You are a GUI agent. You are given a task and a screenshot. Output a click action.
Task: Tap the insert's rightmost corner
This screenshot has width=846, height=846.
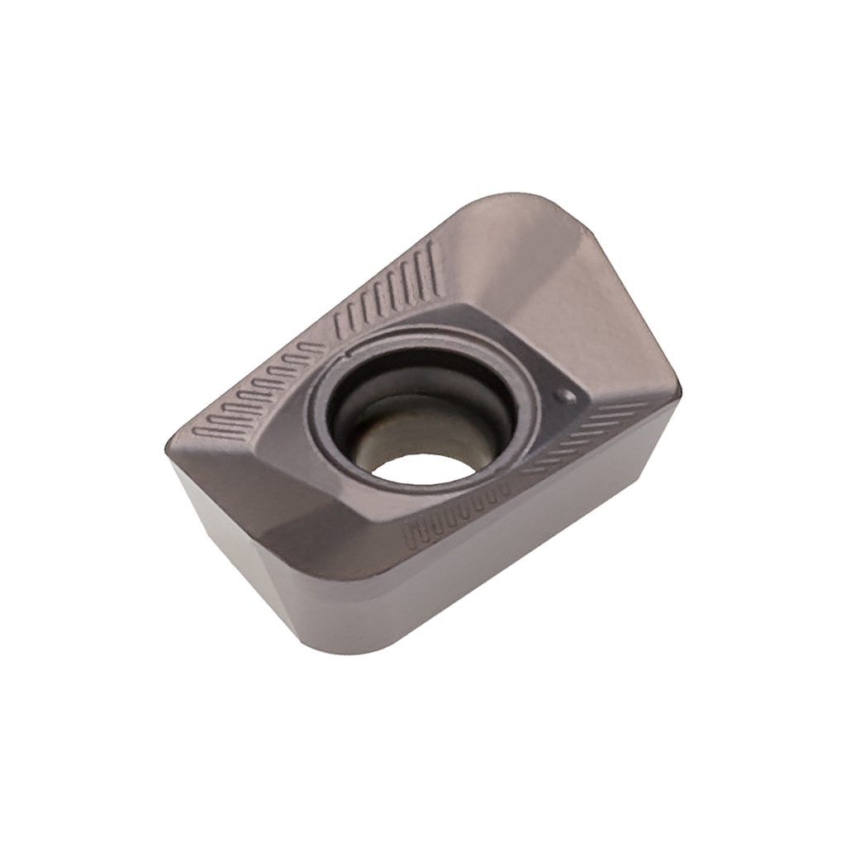[x=682, y=388]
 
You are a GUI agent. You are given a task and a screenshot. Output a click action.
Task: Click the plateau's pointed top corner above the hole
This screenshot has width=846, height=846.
[x=467, y=306]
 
